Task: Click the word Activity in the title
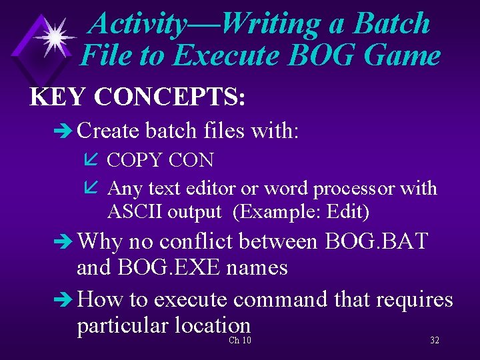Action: pyautogui.click(x=136, y=24)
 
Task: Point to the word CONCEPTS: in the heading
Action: pyautogui.click(x=171, y=97)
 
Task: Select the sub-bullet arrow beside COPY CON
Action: pyautogui.click(x=93, y=161)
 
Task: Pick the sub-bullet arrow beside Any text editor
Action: pyautogui.click(x=93, y=189)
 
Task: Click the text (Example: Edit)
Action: pyautogui.click(x=301, y=212)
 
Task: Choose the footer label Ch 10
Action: pyautogui.click(x=239, y=341)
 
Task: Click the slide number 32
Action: pyautogui.click(x=434, y=341)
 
